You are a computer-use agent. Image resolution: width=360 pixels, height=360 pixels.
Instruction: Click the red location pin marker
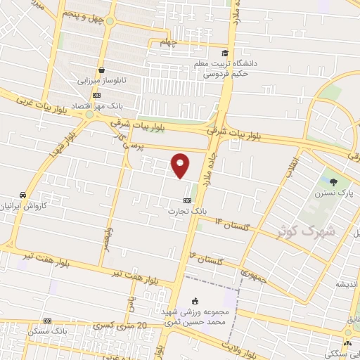tap(181, 166)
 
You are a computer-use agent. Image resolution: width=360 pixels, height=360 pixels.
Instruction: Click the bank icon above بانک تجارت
tap(186, 200)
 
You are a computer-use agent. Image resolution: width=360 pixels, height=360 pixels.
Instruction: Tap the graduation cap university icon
tap(225, 53)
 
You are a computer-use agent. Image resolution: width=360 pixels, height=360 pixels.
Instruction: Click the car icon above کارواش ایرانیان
tap(23, 194)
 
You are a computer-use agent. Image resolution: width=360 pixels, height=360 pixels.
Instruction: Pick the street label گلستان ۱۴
tap(233, 224)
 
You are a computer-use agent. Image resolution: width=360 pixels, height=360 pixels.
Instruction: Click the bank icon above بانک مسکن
tap(48, 321)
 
